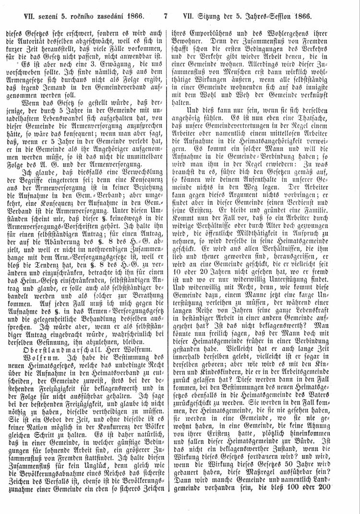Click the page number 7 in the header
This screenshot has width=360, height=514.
click(166, 15)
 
